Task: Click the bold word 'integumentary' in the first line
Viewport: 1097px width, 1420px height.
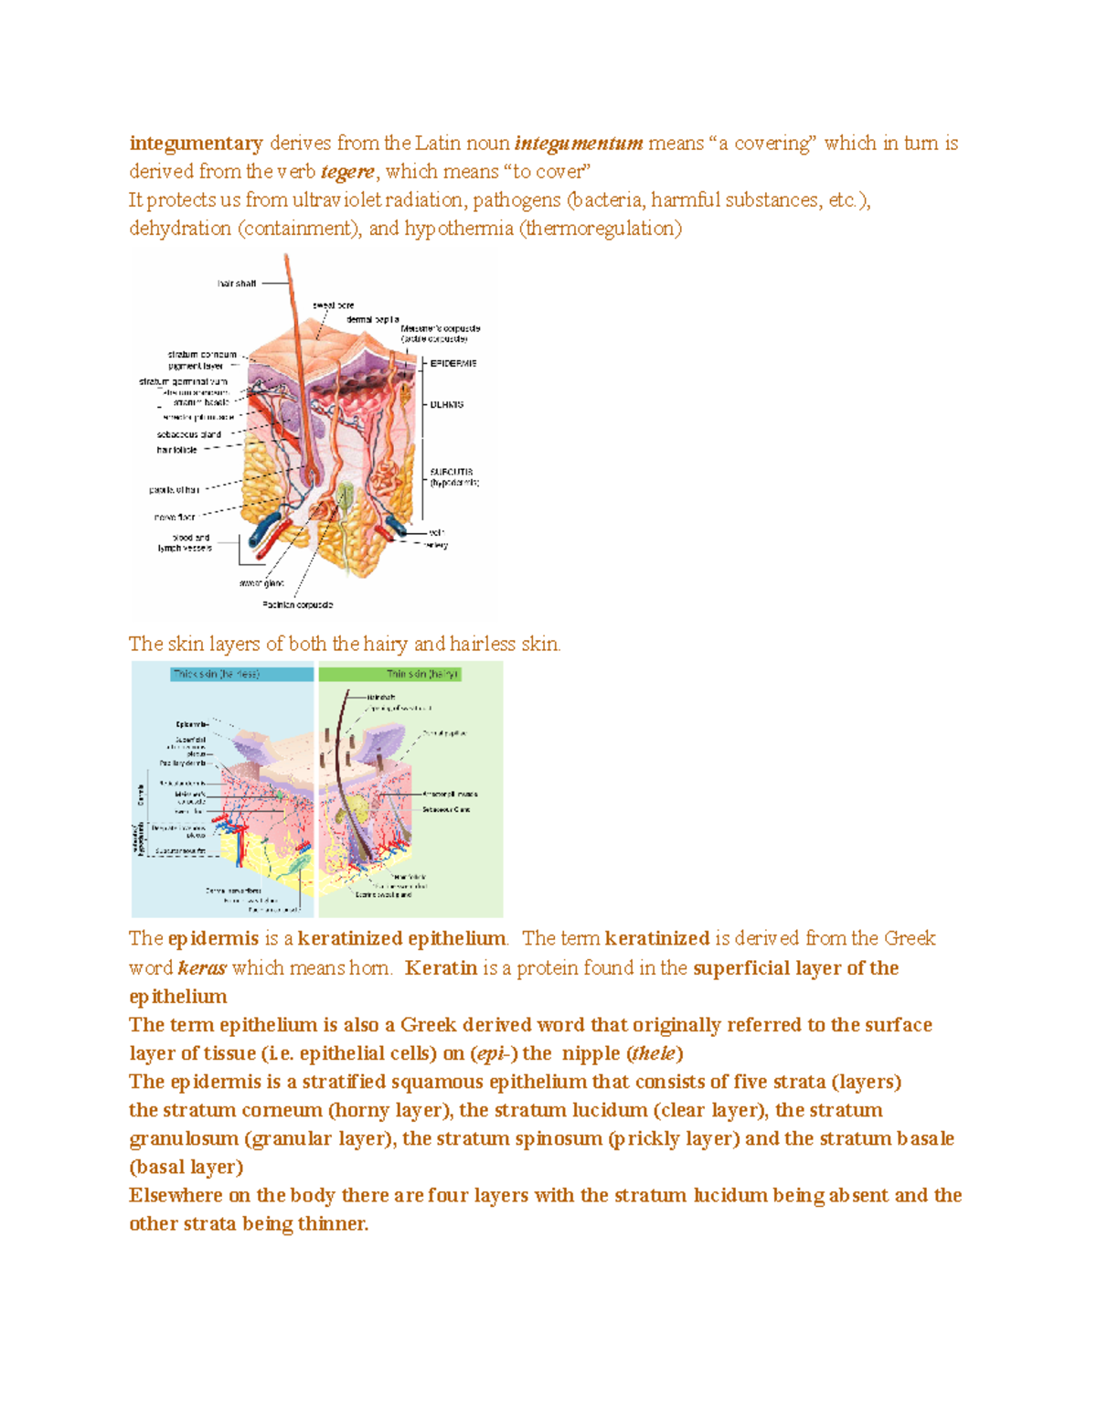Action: pyautogui.click(x=196, y=144)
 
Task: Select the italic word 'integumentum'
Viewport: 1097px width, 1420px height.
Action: pyautogui.click(x=579, y=144)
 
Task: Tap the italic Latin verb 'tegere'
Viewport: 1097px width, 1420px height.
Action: pyautogui.click(x=347, y=172)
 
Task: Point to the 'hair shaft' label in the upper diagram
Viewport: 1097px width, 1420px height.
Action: pyautogui.click(x=237, y=283)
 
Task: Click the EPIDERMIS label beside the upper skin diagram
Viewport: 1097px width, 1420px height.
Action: pyautogui.click(x=453, y=363)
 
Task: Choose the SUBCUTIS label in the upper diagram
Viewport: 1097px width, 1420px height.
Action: pyautogui.click(x=452, y=473)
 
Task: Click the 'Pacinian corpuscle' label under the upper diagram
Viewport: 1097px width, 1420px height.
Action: pyautogui.click(x=298, y=604)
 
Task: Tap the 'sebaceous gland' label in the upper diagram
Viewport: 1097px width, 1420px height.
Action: pyautogui.click(x=189, y=434)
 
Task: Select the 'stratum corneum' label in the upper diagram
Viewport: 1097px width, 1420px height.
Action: pyautogui.click(x=202, y=354)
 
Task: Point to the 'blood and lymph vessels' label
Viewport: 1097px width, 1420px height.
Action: pyautogui.click(x=185, y=543)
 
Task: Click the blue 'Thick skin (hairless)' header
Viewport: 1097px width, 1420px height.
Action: pyautogui.click(x=216, y=674)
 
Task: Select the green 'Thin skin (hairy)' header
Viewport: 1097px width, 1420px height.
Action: pyautogui.click(x=422, y=674)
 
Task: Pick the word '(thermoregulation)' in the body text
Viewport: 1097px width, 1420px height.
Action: pyautogui.click(x=601, y=229)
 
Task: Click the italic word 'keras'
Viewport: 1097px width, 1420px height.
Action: pyautogui.click(x=202, y=968)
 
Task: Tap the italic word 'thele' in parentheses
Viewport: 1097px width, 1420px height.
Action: pyautogui.click(x=654, y=1053)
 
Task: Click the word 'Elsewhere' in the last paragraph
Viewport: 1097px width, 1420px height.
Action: pyautogui.click(x=176, y=1196)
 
